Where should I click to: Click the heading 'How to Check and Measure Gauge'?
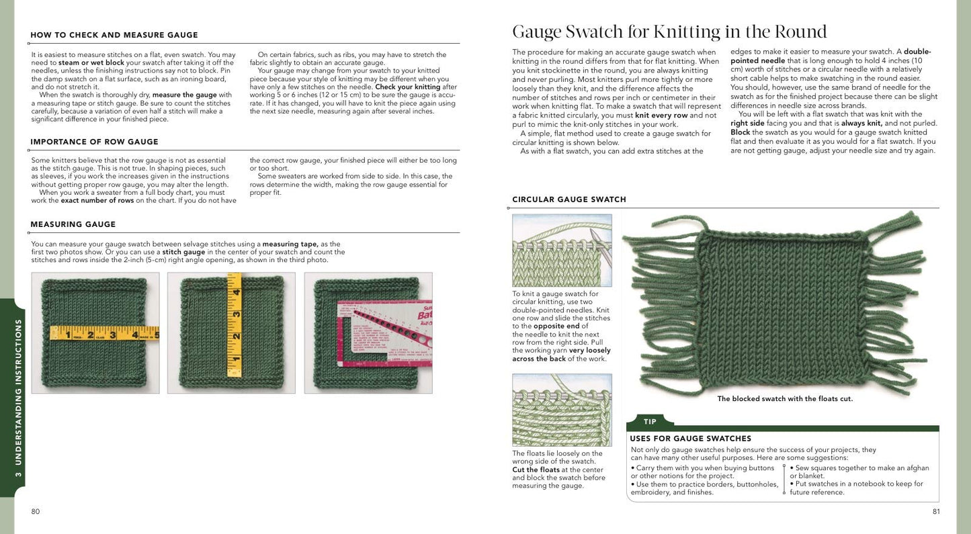click(114, 35)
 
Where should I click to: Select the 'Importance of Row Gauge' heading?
click(94, 142)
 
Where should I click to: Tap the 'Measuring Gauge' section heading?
click(73, 224)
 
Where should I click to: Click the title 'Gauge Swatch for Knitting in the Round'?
click(669, 32)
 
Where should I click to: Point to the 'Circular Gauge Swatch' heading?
click(569, 199)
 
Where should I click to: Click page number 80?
click(36, 512)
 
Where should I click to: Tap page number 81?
click(936, 512)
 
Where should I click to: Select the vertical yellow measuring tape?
click(235, 329)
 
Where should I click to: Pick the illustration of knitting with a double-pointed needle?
click(562, 251)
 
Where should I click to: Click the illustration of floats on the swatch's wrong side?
click(562, 410)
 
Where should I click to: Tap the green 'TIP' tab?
click(650, 422)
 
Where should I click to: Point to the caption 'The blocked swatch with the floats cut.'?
click(785, 399)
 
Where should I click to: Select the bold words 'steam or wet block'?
click(95, 62)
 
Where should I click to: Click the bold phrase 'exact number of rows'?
click(98, 200)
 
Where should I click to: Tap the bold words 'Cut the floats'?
click(536, 470)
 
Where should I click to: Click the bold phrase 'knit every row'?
click(661, 115)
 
